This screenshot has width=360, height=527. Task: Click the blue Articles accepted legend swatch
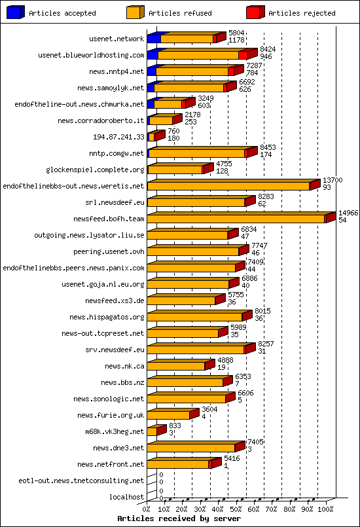(x=15, y=12)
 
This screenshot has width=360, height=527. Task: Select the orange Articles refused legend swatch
(x=135, y=12)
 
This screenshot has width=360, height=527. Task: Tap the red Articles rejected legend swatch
(x=255, y=12)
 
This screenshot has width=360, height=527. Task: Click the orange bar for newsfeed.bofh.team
(x=236, y=219)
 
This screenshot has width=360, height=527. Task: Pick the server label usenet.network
(x=117, y=39)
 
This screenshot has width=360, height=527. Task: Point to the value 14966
(x=348, y=213)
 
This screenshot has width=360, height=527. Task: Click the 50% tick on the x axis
(x=236, y=509)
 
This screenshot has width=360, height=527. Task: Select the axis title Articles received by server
(x=179, y=518)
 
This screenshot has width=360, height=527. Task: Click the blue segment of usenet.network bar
(x=153, y=39)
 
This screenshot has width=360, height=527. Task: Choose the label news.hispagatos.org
(x=107, y=317)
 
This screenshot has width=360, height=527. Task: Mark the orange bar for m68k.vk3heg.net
(x=152, y=431)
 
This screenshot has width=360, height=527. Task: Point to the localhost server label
(x=126, y=497)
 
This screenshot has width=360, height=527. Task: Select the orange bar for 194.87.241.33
(x=151, y=137)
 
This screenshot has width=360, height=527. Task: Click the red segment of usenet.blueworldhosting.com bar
(x=243, y=55)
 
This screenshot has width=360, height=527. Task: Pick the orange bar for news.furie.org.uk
(x=168, y=415)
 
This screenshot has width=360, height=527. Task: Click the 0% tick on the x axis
(x=147, y=509)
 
